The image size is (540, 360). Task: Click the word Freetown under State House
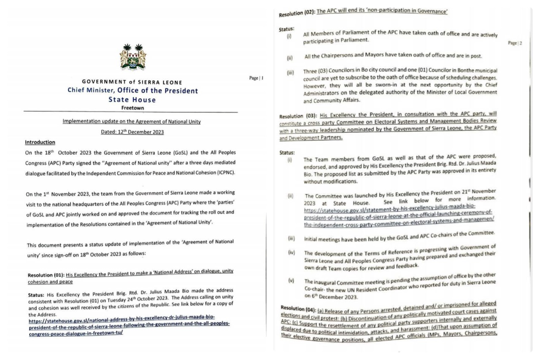132,108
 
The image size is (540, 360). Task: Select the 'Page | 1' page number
256,78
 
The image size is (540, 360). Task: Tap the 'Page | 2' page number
515,43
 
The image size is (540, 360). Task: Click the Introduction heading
40,142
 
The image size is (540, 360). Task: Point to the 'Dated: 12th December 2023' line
132,132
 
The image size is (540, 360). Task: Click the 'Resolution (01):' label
46,275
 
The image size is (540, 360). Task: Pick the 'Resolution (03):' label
298,116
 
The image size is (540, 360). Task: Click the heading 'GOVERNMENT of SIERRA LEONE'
132,82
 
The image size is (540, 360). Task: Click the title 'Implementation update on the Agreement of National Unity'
132,121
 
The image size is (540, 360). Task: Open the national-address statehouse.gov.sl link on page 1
129,328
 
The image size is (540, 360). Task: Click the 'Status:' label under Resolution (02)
286,29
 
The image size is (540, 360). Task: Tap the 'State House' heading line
132,100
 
